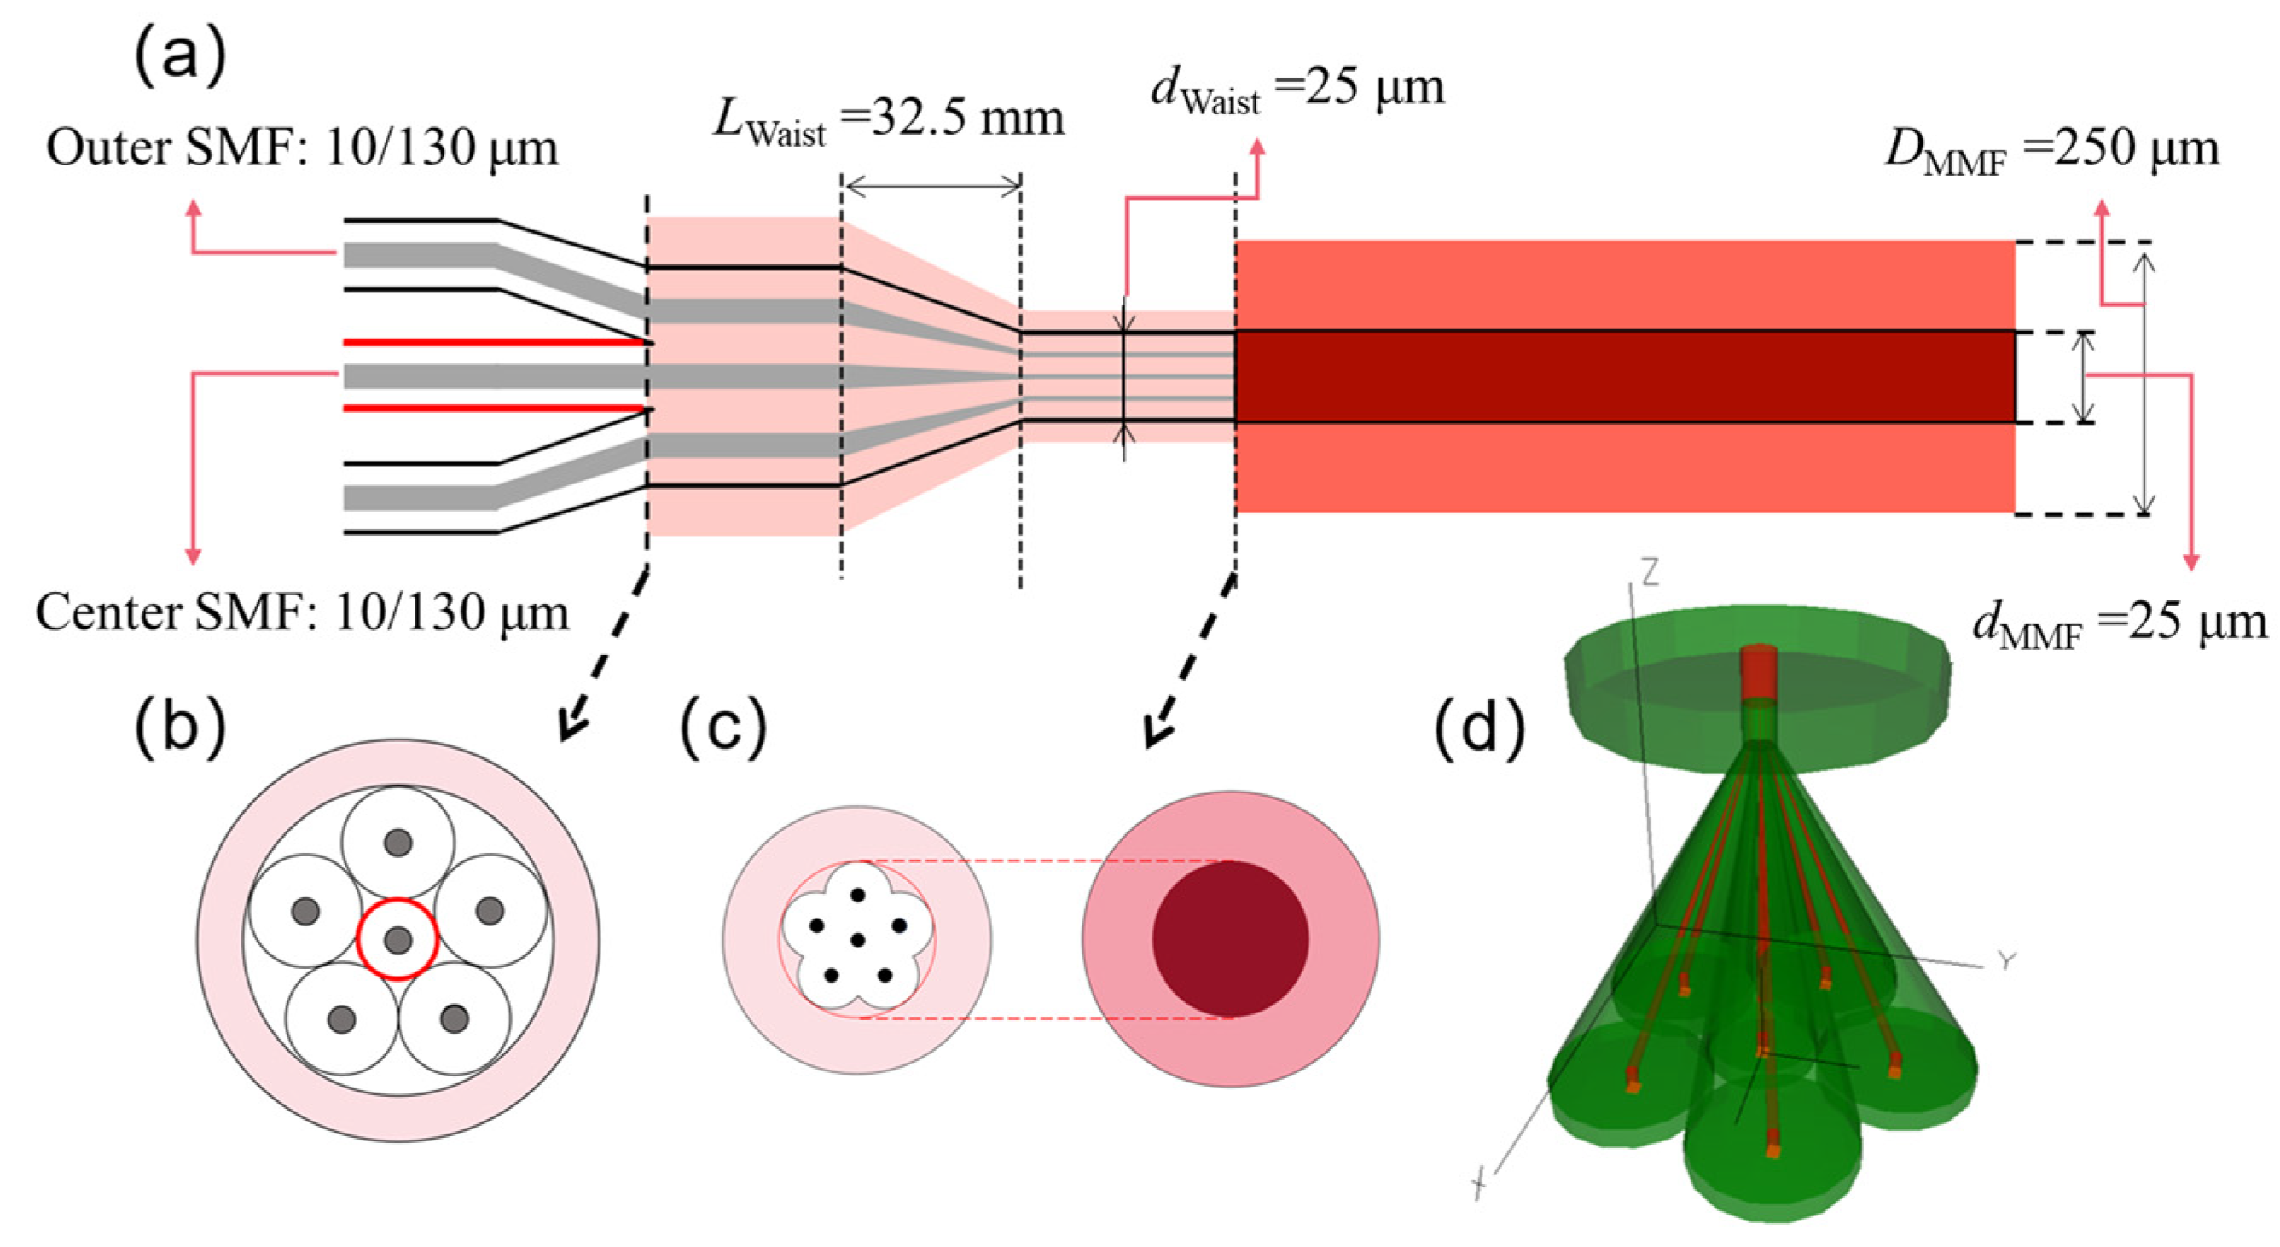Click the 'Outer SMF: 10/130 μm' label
coord(303,148)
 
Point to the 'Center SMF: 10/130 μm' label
coord(303,612)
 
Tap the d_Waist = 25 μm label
coord(1297,90)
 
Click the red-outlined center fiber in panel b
coord(397,939)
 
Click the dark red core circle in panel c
coord(1230,939)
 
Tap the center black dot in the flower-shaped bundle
coord(856,940)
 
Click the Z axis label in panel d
coord(1649,574)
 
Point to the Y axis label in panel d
coord(2005,961)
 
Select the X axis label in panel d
coord(1478,1183)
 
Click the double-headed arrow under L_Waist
coord(932,185)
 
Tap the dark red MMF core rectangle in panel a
coord(1624,376)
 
